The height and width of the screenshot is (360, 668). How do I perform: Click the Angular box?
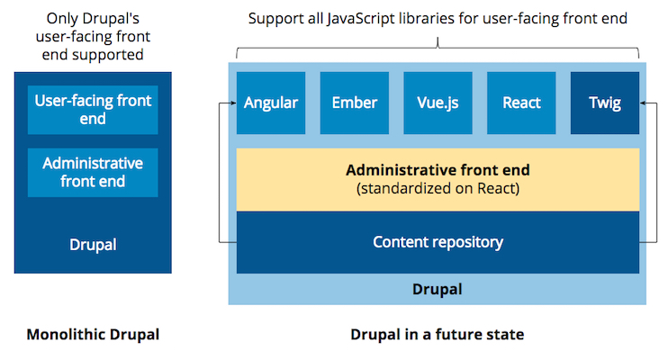pos(271,103)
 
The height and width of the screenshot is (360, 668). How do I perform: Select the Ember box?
pos(354,103)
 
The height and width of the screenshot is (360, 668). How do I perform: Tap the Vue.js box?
pos(438,103)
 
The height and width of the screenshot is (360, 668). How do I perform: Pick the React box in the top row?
pos(521,103)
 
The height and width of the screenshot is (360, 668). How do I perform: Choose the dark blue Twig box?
pos(605,103)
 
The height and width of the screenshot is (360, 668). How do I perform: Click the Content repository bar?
pos(438,242)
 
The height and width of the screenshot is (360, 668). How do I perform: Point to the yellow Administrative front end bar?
pos(438,178)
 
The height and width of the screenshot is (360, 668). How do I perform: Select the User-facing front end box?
pos(93,110)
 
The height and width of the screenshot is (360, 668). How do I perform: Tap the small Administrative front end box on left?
pos(93,172)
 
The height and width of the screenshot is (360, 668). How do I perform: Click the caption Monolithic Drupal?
pos(93,335)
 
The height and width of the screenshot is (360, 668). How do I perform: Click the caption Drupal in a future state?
pos(437,335)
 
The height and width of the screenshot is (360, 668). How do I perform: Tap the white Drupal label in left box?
pos(93,244)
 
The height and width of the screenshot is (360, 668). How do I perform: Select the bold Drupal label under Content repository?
pos(438,289)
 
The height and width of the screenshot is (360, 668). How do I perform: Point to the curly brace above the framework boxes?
pos(438,46)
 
